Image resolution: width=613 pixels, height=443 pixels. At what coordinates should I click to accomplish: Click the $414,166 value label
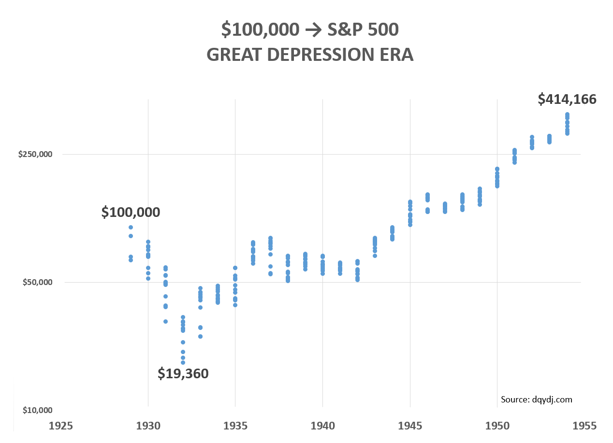567,100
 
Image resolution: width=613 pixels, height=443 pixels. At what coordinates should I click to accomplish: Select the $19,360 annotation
183,373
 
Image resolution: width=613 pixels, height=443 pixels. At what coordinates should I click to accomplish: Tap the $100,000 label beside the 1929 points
131,212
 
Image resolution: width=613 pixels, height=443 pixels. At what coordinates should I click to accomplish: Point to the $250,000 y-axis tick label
35,154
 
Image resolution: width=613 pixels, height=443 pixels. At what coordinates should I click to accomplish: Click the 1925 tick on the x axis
61,426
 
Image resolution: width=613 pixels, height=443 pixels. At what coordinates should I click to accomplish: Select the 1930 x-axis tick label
148,426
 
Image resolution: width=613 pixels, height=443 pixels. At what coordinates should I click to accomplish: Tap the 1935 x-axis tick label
235,426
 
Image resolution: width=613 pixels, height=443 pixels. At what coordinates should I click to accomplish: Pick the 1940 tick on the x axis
322,426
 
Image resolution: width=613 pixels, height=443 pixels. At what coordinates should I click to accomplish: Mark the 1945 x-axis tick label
410,426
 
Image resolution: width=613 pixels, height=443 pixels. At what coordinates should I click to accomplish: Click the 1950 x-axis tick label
497,426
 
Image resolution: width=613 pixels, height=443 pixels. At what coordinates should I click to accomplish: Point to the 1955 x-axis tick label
584,426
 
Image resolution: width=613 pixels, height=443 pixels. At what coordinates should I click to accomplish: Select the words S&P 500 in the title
363,30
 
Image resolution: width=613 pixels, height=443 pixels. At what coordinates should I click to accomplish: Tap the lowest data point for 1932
183,362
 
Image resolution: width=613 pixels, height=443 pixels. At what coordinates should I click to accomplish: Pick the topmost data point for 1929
131,227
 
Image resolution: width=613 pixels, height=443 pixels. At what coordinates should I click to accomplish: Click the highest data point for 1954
567,114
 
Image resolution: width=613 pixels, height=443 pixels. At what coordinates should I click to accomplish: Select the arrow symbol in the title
314,30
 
